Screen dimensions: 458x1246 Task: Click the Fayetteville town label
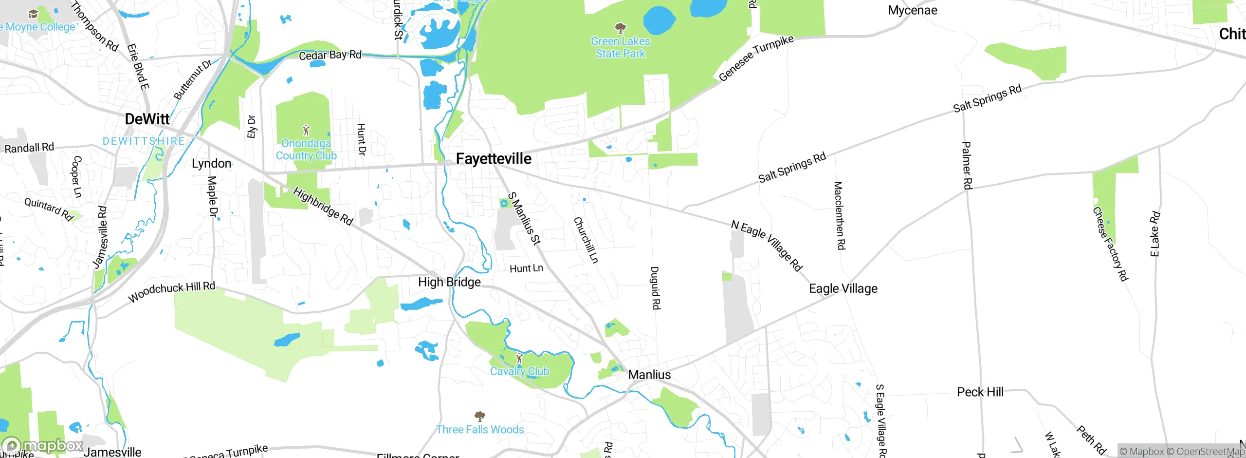pos(494,159)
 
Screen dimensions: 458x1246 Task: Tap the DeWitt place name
pos(147,119)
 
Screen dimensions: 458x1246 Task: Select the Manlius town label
pos(649,375)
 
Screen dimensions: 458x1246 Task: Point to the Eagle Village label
pos(843,288)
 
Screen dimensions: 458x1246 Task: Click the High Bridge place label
pos(449,282)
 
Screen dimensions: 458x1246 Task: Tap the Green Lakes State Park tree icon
pos(620,27)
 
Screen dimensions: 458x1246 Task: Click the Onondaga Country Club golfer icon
pos(306,131)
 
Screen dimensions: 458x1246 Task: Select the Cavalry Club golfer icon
pos(519,359)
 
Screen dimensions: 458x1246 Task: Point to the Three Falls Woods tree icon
pos(479,416)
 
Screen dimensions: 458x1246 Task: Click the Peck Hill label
pos(980,392)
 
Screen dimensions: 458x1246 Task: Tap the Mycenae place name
pos(912,10)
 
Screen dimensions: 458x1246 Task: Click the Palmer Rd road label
pos(967,165)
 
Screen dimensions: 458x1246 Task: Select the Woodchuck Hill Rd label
pos(171,291)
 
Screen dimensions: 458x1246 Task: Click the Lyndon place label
pos(211,163)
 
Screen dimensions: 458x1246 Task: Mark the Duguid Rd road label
pos(655,287)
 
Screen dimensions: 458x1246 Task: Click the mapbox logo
pos(43,445)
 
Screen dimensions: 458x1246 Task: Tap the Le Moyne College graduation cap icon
pos(33,14)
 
